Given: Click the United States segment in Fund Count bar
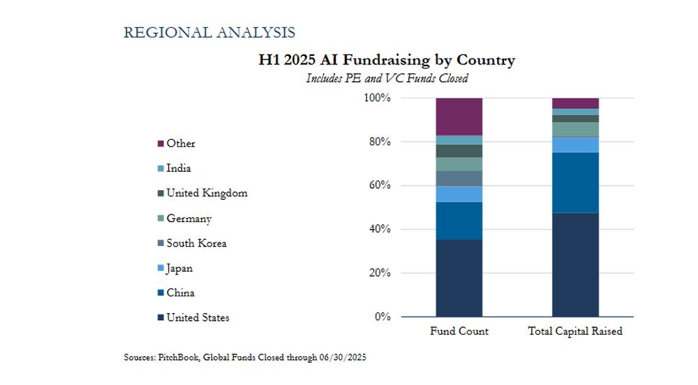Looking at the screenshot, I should pos(459,278).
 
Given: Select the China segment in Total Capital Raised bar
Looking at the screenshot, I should pos(575,182).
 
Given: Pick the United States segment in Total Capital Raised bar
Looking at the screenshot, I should pos(575,264).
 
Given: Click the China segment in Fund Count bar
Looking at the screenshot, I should pos(459,221).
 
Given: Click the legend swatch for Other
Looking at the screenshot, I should pos(161,143).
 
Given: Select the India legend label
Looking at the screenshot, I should pos(179,168).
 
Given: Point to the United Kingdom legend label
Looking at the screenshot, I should pos(207,193).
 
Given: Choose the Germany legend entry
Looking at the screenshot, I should pos(189,218).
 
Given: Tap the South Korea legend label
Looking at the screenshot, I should pos(196,243).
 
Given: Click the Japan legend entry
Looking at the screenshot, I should pos(179,268).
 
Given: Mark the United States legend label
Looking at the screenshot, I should pos(198,318).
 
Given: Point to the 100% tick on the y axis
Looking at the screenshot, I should pos(377,99).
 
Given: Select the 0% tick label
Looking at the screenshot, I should pos(383,317).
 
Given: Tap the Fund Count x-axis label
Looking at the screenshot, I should pos(459,331).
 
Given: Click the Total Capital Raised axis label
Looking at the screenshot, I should pos(575,331).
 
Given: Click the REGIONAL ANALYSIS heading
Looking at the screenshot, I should pos(209,32).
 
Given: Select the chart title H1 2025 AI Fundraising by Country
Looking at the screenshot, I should pos(387,60).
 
